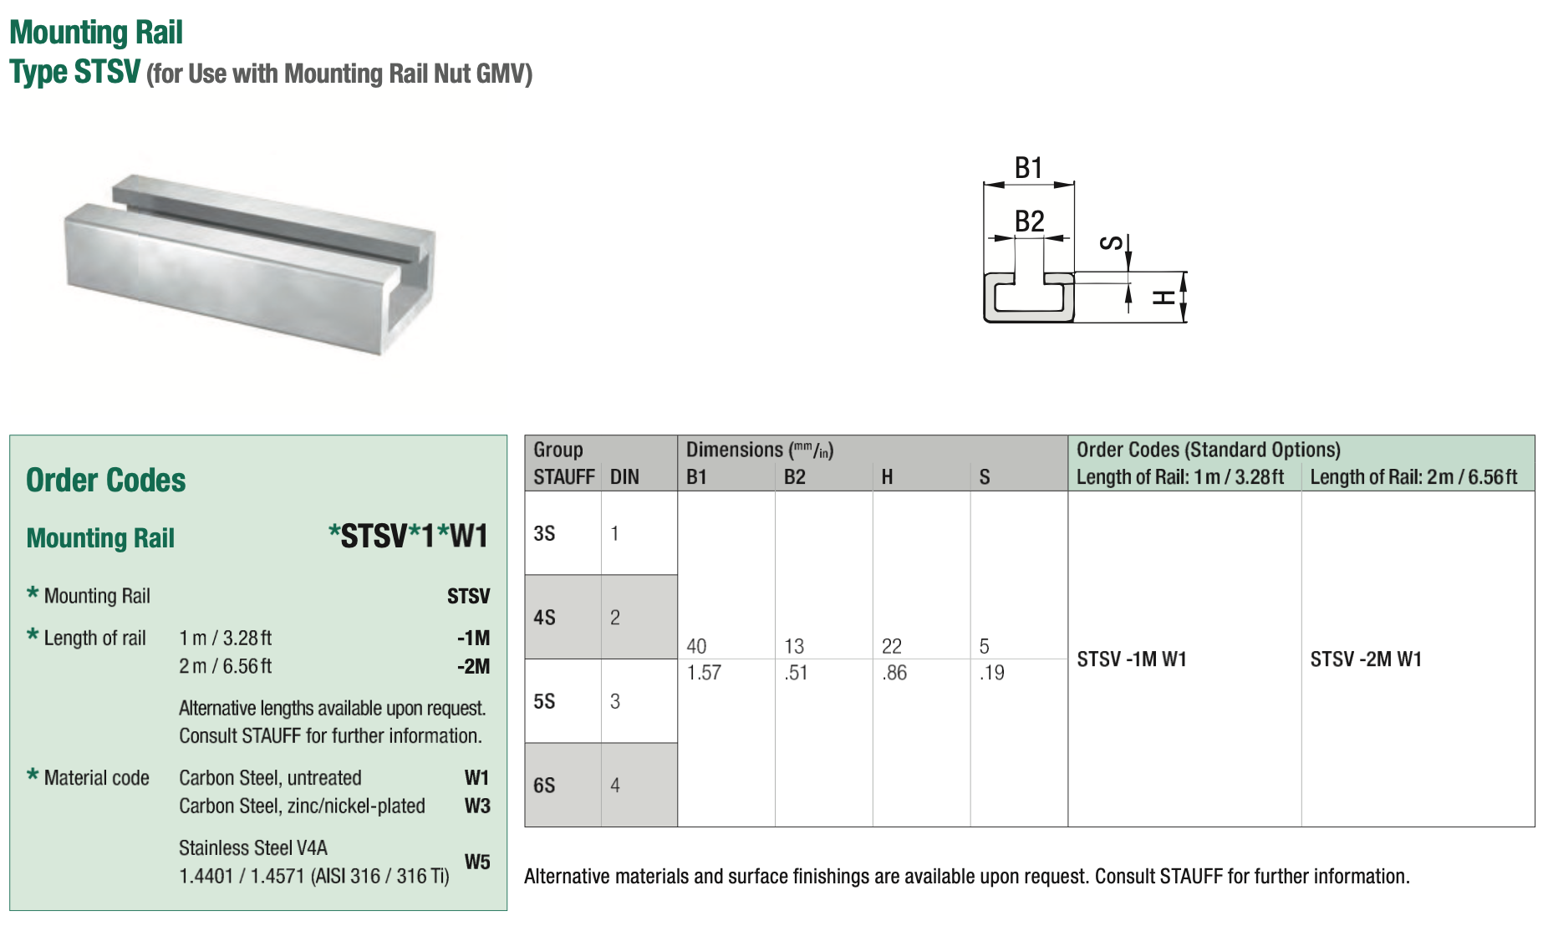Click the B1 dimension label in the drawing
pyautogui.click(x=1028, y=168)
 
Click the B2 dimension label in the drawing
pyautogui.click(x=1029, y=221)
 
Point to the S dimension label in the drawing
pyautogui.click(x=1111, y=243)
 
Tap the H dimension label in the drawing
pyautogui.click(x=1163, y=297)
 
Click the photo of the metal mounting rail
pyautogui.click(x=251, y=263)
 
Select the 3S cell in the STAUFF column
pyautogui.click(x=544, y=533)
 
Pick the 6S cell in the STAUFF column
pyautogui.click(x=544, y=786)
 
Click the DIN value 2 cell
pyautogui.click(x=615, y=618)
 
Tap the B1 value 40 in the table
pyautogui.click(x=696, y=646)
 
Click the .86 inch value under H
pyautogui.click(x=894, y=673)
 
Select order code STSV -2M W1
pyautogui.click(x=1366, y=659)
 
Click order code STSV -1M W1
pyautogui.click(x=1132, y=659)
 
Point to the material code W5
pyautogui.click(x=477, y=862)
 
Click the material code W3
pyautogui.click(x=477, y=806)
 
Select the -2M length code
pyautogui.click(x=473, y=666)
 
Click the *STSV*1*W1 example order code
pyautogui.click(x=408, y=537)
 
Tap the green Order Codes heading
pyautogui.click(x=106, y=481)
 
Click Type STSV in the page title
pyautogui.click(x=75, y=72)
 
